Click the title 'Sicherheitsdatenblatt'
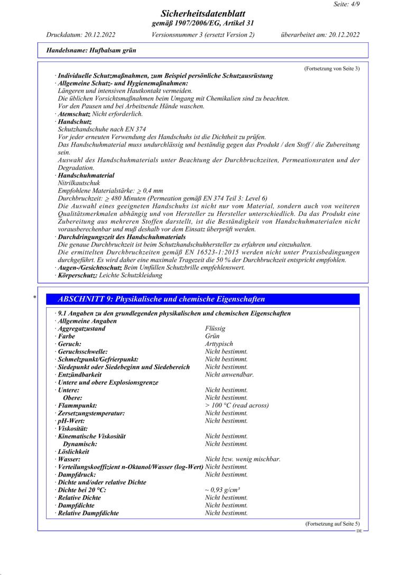(202, 14)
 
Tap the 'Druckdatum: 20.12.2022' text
(81, 35)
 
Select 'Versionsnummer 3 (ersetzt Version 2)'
(203, 35)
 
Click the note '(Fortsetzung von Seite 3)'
(331, 69)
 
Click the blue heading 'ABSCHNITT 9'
(161, 299)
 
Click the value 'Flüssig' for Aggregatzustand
(215, 328)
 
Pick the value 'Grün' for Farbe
(212, 336)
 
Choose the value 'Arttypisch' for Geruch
(219, 344)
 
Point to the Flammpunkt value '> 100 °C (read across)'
(237, 405)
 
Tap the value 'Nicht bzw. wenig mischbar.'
(243, 459)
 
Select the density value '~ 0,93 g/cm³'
(223, 490)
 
